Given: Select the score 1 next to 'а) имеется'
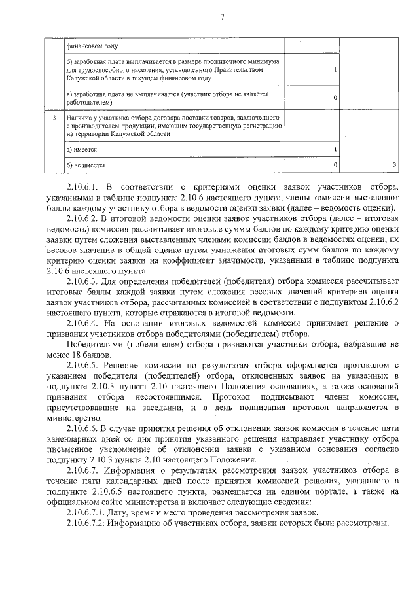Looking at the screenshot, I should click(335, 150).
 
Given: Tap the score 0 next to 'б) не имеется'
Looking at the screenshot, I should click(335, 165).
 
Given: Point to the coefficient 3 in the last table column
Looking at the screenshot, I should click(394, 165).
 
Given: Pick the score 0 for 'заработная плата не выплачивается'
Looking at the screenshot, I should click(335, 97).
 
